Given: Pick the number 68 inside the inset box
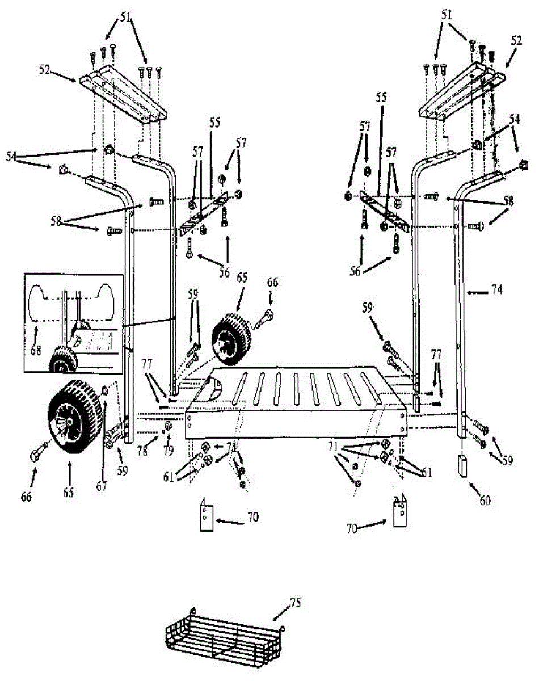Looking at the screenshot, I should point(35,351).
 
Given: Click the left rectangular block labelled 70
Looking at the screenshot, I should point(206,515).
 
